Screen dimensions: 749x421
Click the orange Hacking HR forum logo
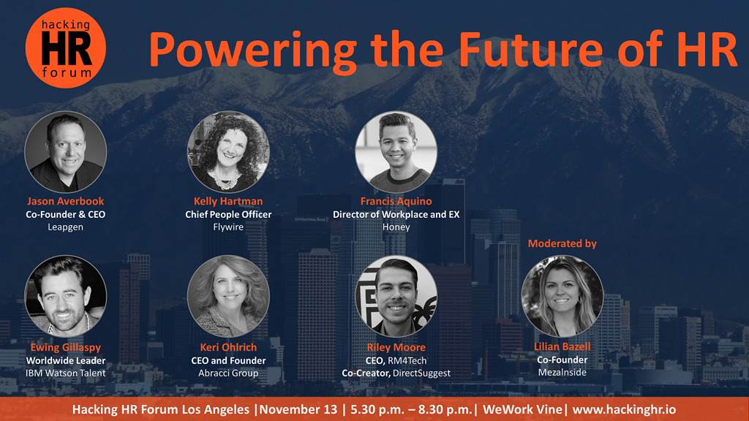click(x=65, y=48)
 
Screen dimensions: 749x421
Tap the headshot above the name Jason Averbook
click(x=65, y=152)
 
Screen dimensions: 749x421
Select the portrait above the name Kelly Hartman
click(x=228, y=152)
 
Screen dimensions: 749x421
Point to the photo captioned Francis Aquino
click(x=396, y=152)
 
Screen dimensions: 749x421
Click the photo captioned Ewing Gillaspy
click(x=65, y=296)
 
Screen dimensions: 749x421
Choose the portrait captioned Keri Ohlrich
click(x=228, y=296)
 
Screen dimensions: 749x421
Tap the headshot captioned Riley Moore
click(x=396, y=296)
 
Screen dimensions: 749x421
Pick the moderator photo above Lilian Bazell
click(x=562, y=296)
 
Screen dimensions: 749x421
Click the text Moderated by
click(x=562, y=243)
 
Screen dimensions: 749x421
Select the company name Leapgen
click(x=65, y=227)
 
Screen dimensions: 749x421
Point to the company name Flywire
click(x=228, y=227)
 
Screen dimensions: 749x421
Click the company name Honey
click(x=396, y=227)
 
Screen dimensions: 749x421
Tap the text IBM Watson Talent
click(x=65, y=373)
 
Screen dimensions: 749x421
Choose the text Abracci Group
click(x=228, y=373)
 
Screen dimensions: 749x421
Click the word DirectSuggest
click(x=422, y=373)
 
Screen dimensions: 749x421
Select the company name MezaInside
click(x=562, y=372)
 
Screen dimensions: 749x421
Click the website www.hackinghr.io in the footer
click(x=624, y=409)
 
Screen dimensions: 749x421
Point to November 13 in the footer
click(x=298, y=409)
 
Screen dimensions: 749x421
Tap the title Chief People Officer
click(x=228, y=214)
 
